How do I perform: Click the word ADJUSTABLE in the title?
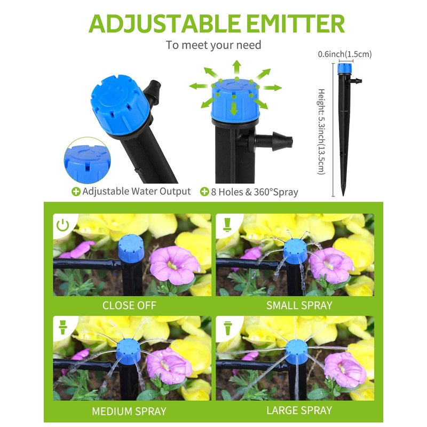click(165, 23)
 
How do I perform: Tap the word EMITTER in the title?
click(295, 23)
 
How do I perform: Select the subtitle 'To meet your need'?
click(213, 45)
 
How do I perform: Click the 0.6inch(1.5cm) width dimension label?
click(345, 54)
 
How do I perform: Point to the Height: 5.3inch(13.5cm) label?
click(322, 131)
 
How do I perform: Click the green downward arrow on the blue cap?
click(234, 109)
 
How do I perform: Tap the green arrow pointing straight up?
click(237, 67)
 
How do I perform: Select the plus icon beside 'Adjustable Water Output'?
click(76, 192)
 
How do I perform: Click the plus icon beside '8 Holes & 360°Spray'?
click(204, 192)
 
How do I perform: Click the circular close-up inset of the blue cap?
click(88, 161)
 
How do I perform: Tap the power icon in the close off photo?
click(62, 225)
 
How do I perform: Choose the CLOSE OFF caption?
click(129, 305)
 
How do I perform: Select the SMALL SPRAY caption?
click(299, 305)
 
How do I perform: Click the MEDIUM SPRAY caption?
click(129, 411)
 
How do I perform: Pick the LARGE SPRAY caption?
click(299, 410)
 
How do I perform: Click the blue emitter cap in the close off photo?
click(131, 248)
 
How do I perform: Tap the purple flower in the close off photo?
click(175, 265)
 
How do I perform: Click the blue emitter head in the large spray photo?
click(297, 351)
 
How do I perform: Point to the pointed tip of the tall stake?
click(343, 195)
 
